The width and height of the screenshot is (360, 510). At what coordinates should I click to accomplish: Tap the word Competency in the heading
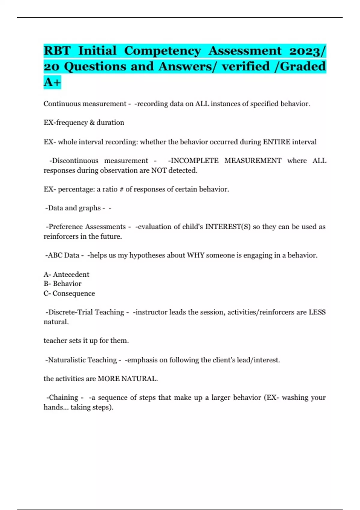[163, 51]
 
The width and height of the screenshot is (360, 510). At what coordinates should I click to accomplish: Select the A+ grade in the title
[52, 82]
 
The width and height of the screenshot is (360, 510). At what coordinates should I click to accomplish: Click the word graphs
[90, 208]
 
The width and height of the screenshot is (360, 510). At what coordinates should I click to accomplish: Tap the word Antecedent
[71, 274]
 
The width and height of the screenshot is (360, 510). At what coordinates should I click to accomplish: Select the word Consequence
[74, 293]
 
